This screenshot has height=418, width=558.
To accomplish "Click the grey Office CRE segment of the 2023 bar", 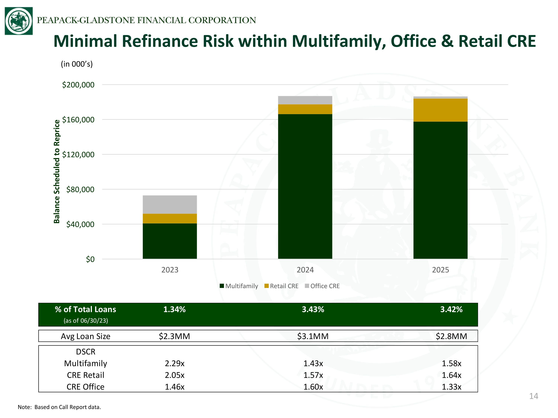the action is [x=170, y=205].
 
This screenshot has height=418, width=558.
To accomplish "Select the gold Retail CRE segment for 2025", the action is [x=440, y=110].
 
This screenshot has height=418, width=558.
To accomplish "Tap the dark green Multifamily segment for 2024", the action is [x=305, y=187].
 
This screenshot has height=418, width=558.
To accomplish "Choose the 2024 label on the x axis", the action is [x=305, y=270].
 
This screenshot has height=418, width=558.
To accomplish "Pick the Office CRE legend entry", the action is [x=322, y=286].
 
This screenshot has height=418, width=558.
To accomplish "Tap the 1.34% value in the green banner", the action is [x=174, y=309].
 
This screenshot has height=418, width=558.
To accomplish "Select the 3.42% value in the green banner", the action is [x=451, y=309].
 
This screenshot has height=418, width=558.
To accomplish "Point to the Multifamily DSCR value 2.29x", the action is [x=175, y=363].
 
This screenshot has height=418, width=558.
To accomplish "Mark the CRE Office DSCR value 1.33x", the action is [x=451, y=387].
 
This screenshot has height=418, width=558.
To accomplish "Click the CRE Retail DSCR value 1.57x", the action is [x=313, y=375].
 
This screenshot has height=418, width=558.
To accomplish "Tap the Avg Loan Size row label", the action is [x=86, y=336].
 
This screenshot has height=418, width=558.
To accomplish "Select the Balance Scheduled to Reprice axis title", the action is [x=57, y=172].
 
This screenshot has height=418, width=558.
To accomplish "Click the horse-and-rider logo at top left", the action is [x=19, y=21].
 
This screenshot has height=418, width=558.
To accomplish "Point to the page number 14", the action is [x=533, y=396].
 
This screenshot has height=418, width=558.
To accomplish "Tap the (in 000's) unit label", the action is [x=77, y=64].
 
